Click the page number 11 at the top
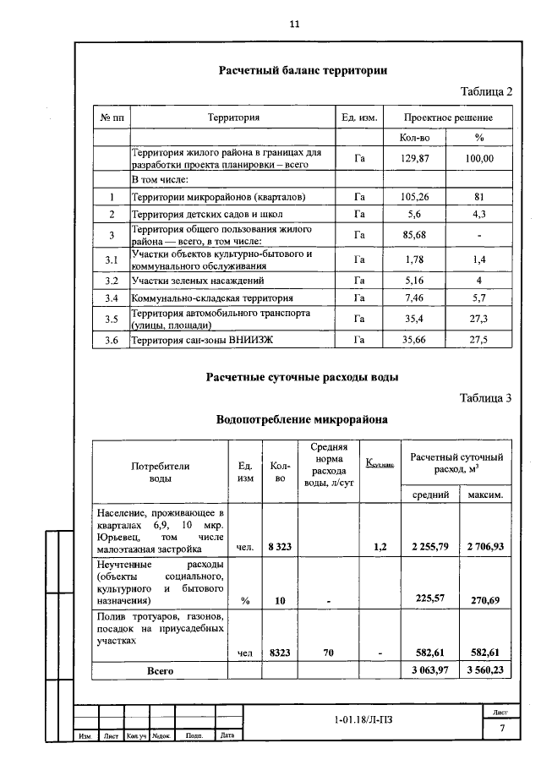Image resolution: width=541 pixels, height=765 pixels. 295,25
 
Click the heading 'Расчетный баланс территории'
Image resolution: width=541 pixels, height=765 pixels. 303,71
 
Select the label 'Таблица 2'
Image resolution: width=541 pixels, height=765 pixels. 486,91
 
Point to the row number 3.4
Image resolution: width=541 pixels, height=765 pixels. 111,298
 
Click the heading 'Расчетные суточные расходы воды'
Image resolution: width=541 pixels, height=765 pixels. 303,377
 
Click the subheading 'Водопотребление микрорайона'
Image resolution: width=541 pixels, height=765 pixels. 303,418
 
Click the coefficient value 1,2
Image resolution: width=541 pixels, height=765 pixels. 380,547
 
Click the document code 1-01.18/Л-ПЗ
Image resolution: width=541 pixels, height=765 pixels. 363,720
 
